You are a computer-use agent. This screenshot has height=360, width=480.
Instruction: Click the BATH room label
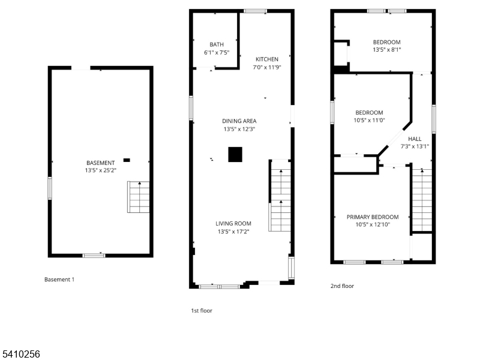point(217,44)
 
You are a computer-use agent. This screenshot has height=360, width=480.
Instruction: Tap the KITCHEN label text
point(267,59)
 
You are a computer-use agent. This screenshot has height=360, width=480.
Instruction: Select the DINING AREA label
point(239,121)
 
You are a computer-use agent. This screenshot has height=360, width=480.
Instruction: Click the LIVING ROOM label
point(233,223)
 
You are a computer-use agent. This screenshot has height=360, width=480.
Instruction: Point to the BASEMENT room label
point(101,163)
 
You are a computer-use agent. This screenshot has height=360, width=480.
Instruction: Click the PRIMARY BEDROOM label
point(373,217)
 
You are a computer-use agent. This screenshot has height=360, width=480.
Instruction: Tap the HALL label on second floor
point(415,139)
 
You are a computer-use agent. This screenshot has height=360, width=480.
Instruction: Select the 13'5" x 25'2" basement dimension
point(101,170)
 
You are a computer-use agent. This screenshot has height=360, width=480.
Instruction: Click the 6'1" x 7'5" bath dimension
point(217,52)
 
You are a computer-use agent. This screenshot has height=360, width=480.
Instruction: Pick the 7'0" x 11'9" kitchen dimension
point(267,67)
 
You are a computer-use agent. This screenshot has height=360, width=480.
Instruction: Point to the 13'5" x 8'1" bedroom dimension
point(387,50)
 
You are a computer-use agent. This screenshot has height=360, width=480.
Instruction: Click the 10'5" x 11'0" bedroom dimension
point(369,121)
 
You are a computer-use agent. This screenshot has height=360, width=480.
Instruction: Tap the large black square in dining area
point(235,155)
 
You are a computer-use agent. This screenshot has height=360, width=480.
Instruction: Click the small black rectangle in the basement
point(127,160)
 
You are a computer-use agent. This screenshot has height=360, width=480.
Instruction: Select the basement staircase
point(139,197)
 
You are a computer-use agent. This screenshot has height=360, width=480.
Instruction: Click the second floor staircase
point(422,200)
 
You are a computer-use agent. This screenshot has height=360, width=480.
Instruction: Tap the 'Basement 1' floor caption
point(59,279)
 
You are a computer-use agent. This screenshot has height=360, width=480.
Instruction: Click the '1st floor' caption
point(202,310)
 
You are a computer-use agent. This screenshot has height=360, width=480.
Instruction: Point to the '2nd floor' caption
point(342,286)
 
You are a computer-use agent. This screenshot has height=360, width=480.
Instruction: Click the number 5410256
point(20,354)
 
